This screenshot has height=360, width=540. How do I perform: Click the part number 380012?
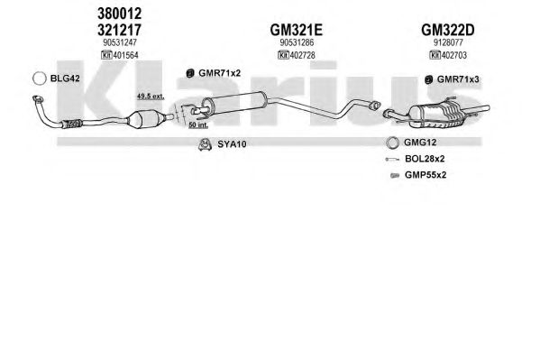(x=120, y=14)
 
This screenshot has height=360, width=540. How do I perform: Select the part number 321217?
(x=120, y=30)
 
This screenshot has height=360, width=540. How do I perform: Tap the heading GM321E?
(x=297, y=30)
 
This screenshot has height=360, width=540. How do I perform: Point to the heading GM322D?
(x=448, y=30)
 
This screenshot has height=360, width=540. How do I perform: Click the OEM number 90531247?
(x=120, y=42)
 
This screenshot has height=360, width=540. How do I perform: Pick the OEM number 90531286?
(x=297, y=42)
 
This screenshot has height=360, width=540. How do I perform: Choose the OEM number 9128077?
(x=448, y=42)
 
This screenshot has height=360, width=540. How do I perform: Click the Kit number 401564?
(x=125, y=55)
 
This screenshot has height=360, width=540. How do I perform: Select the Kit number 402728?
(x=302, y=55)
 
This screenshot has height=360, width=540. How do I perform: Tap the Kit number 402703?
(x=453, y=55)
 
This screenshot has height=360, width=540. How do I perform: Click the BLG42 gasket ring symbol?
(x=40, y=78)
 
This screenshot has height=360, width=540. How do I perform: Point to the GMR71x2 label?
(x=219, y=73)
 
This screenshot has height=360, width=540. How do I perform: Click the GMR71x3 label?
(x=458, y=79)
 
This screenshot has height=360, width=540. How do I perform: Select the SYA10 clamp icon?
(x=205, y=144)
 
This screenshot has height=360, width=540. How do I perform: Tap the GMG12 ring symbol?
(x=392, y=143)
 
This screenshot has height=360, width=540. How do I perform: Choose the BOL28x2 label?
(x=425, y=159)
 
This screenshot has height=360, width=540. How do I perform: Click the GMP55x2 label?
(x=426, y=175)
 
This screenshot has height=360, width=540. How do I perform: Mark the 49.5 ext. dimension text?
(x=151, y=97)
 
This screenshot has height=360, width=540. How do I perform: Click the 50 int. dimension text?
(x=198, y=125)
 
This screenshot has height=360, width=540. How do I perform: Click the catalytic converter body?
(x=144, y=119)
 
